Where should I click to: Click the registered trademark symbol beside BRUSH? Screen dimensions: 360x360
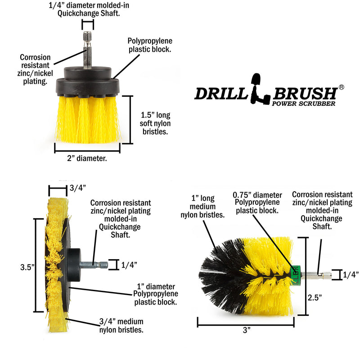[341, 87]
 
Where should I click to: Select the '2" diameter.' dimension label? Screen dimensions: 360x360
[87, 158]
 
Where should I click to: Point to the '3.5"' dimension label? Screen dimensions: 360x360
[27, 266]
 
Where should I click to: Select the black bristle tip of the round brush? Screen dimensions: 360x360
[216, 274]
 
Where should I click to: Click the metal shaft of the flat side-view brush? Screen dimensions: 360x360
[100, 265]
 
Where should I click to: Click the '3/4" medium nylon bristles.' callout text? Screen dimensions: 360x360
[121, 325]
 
